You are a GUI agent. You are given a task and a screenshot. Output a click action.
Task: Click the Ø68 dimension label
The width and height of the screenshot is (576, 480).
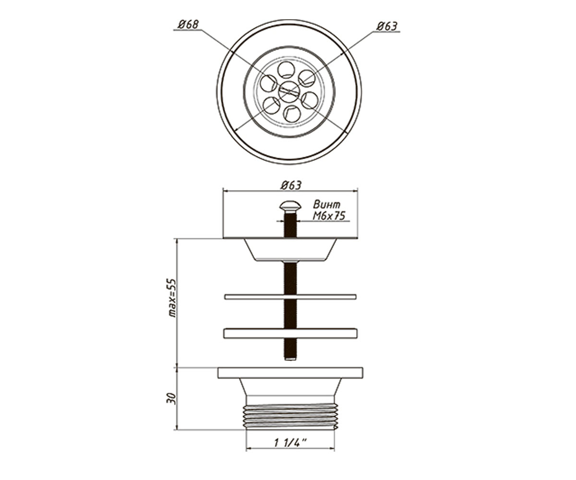click(x=188, y=24)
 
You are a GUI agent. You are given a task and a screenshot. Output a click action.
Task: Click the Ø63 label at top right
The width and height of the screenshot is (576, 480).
click(x=387, y=26)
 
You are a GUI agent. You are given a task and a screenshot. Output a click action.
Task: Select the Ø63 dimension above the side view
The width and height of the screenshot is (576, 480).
click(x=291, y=185)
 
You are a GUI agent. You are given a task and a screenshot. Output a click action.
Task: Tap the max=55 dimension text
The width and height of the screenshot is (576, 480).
click(x=172, y=298)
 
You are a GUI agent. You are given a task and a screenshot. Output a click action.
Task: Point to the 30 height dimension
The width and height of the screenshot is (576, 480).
click(x=171, y=398)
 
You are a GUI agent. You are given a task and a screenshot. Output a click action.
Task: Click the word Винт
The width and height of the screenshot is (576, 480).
click(x=326, y=204)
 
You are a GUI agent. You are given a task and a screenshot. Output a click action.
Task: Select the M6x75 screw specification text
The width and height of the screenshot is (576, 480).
click(x=329, y=216)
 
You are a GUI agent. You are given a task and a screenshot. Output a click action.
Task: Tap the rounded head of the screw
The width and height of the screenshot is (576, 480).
click(x=290, y=205)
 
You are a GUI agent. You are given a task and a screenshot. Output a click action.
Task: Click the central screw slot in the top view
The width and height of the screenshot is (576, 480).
click(x=289, y=92)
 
